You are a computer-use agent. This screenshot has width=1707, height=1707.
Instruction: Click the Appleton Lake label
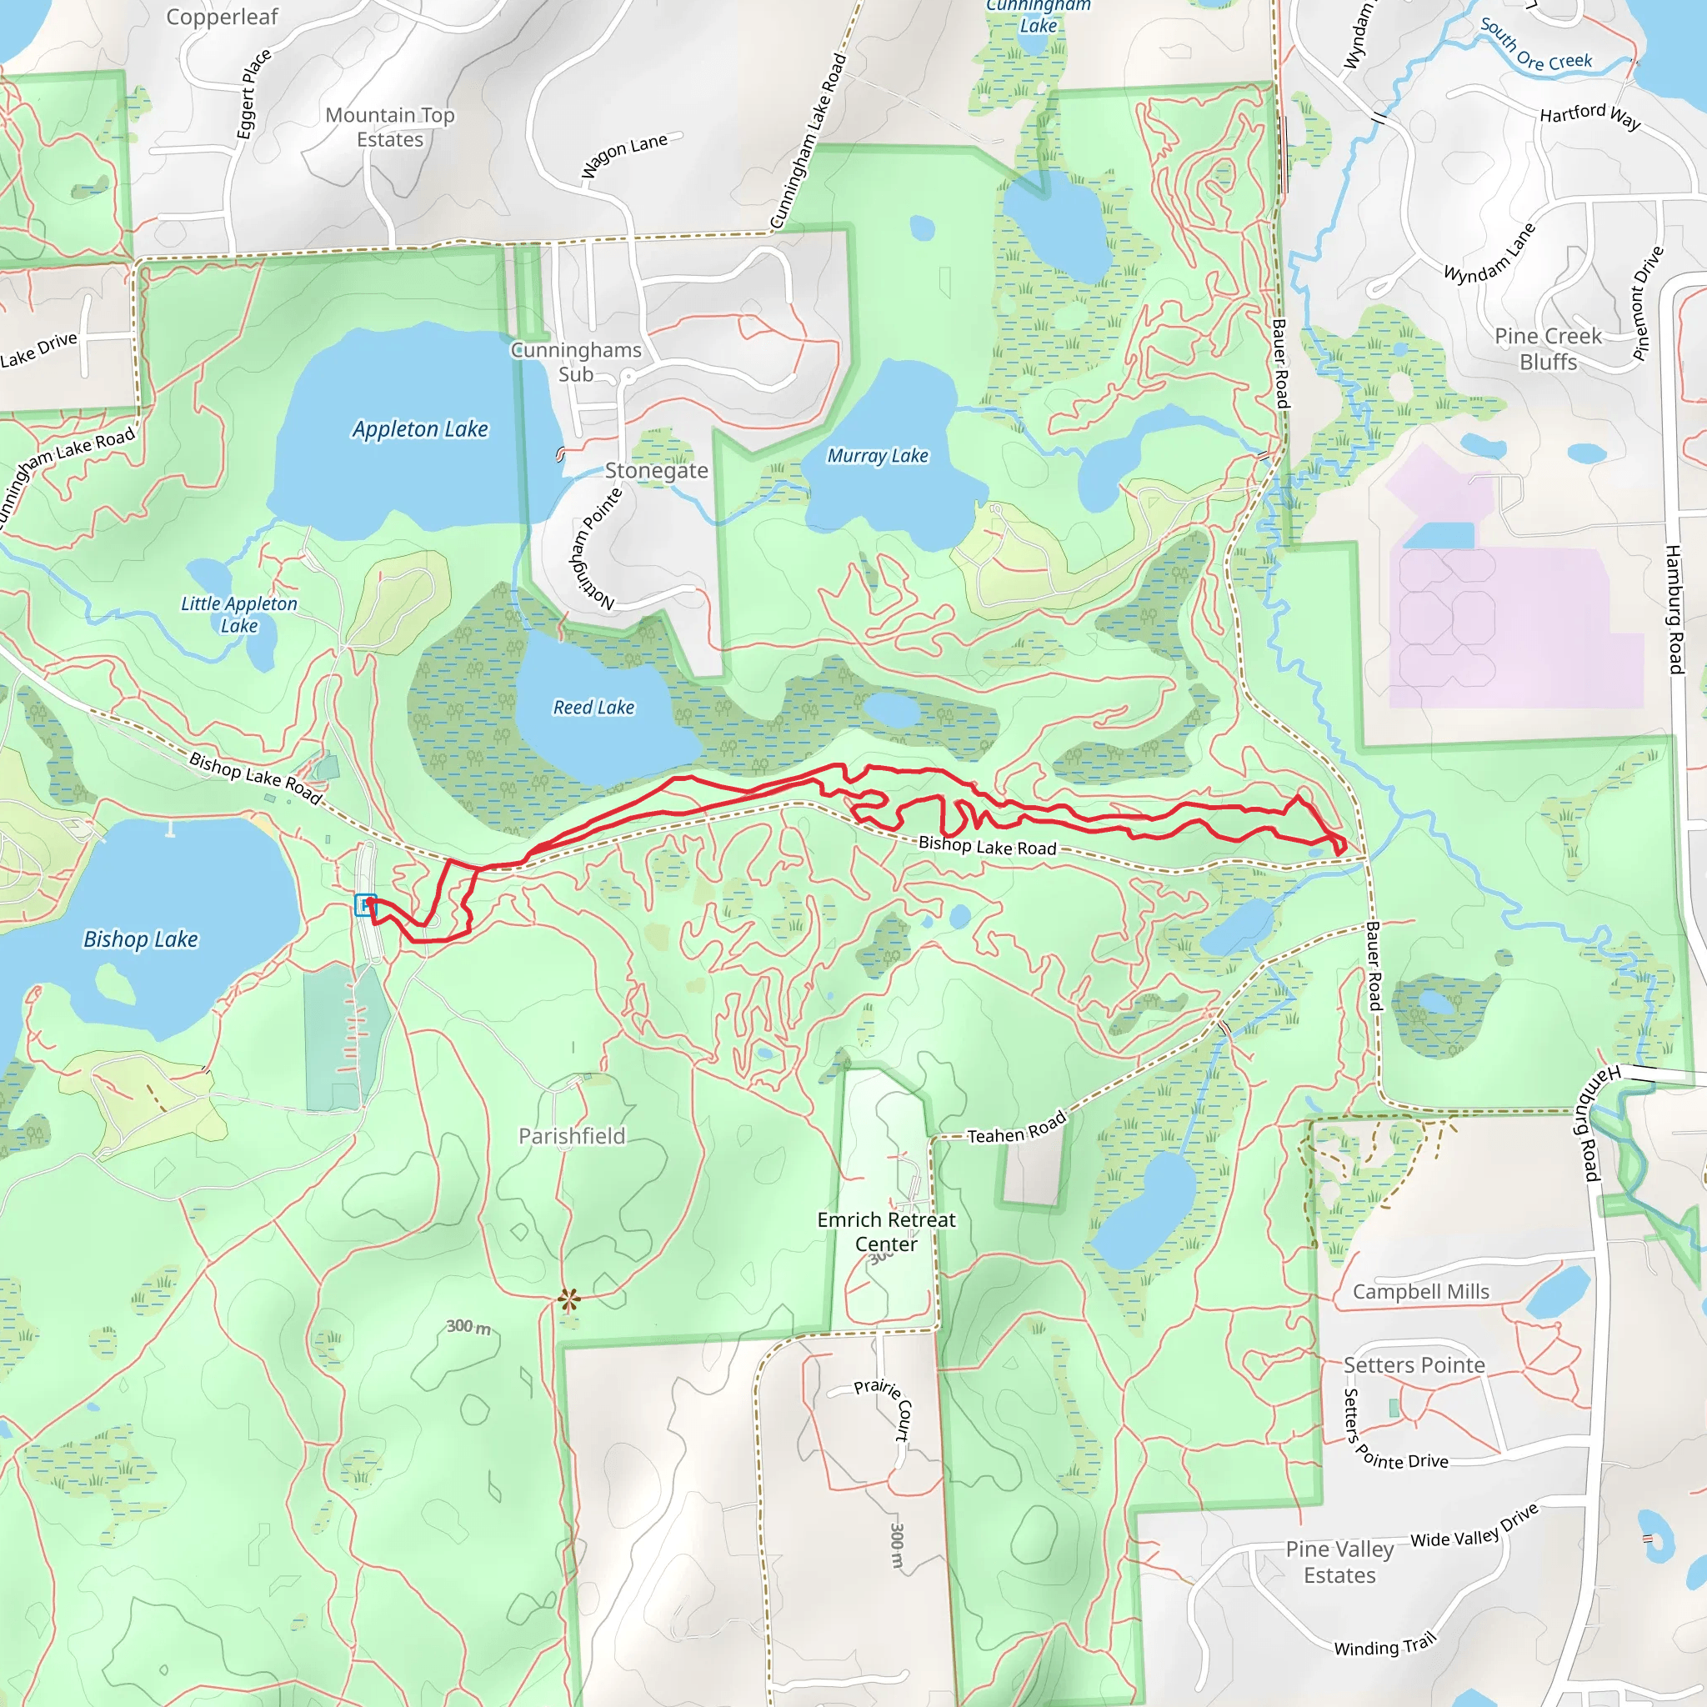click(x=420, y=429)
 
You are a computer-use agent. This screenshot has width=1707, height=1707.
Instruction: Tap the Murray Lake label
click(x=878, y=456)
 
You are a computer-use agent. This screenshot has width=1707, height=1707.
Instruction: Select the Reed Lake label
click(x=593, y=708)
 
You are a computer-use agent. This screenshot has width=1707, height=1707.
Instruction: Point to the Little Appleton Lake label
click(x=238, y=614)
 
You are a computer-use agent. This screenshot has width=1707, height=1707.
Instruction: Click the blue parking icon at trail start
click(x=365, y=904)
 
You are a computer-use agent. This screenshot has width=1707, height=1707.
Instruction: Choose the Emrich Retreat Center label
click(x=886, y=1232)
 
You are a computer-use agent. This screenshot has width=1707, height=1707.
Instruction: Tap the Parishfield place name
click(x=572, y=1136)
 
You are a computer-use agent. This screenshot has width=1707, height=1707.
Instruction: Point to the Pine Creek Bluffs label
click(x=1548, y=349)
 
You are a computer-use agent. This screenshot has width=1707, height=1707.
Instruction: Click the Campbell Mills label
click(x=1421, y=1292)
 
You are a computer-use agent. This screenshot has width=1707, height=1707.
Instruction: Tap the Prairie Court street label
click(x=883, y=1411)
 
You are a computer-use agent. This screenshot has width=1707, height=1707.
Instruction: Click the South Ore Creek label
click(x=1536, y=46)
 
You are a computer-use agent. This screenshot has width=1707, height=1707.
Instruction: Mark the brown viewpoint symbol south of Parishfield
click(x=569, y=1299)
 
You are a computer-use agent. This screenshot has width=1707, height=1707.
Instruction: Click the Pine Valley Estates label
click(x=1339, y=1562)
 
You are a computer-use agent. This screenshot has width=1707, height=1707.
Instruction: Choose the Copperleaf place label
click(x=222, y=17)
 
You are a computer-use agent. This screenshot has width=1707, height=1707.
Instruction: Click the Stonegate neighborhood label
click(x=657, y=471)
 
